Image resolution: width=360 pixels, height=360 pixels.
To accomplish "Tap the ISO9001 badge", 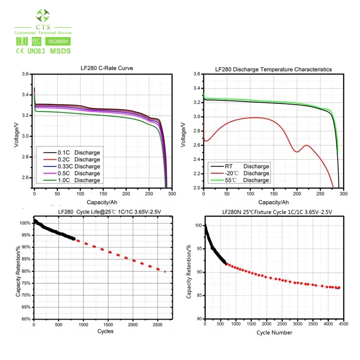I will (58, 41).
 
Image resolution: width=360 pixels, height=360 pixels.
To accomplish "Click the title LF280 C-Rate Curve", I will (103, 68).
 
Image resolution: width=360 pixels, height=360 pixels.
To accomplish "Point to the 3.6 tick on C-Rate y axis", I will (25, 74).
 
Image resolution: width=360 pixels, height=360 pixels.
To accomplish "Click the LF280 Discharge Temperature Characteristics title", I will (274, 69).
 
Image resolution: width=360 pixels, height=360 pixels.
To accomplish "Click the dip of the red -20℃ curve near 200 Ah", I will (297, 152).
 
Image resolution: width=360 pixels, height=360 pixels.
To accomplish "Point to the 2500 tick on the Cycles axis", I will (157, 324).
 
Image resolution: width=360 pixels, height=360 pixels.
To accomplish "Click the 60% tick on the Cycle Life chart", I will (25, 319).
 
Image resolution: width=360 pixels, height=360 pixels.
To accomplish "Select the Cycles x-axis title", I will (105, 331).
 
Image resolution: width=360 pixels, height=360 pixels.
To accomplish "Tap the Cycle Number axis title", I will (274, 333).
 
